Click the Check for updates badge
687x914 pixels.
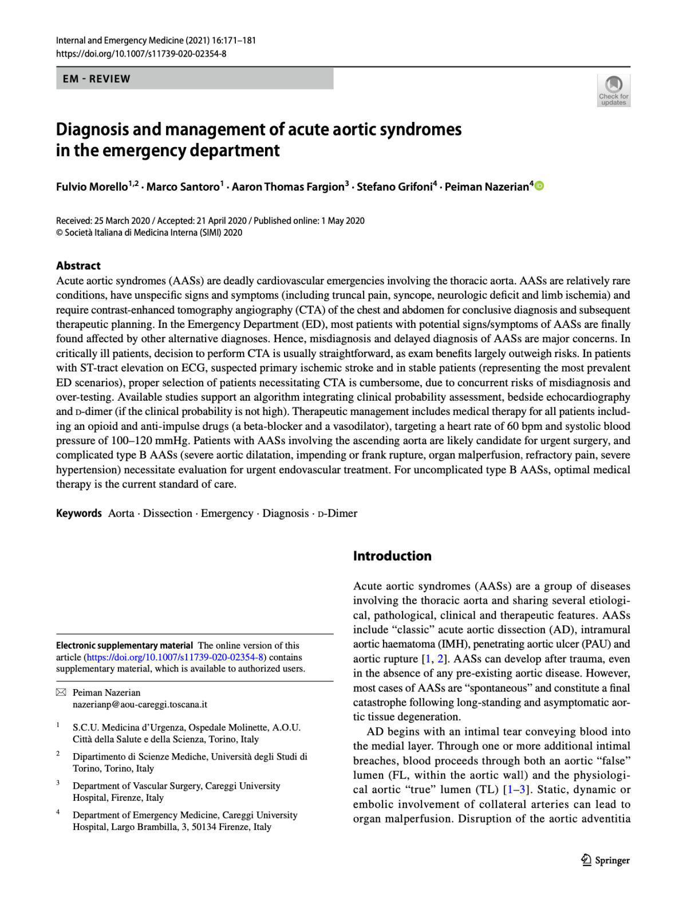click(614, 90)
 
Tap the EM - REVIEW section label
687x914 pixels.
click(97, 79)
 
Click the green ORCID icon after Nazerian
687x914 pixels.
click(539, 186)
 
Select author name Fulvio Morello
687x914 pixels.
click(92, 187)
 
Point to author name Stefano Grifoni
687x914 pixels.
click(394, 187)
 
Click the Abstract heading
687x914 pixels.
click(78, 266)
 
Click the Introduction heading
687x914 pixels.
click(392, 556)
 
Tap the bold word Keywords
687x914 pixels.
click(78, 513)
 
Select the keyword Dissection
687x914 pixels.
click(168, 513)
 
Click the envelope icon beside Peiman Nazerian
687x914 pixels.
click(61, 693)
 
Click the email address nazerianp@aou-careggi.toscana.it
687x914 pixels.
click(140, 705)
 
